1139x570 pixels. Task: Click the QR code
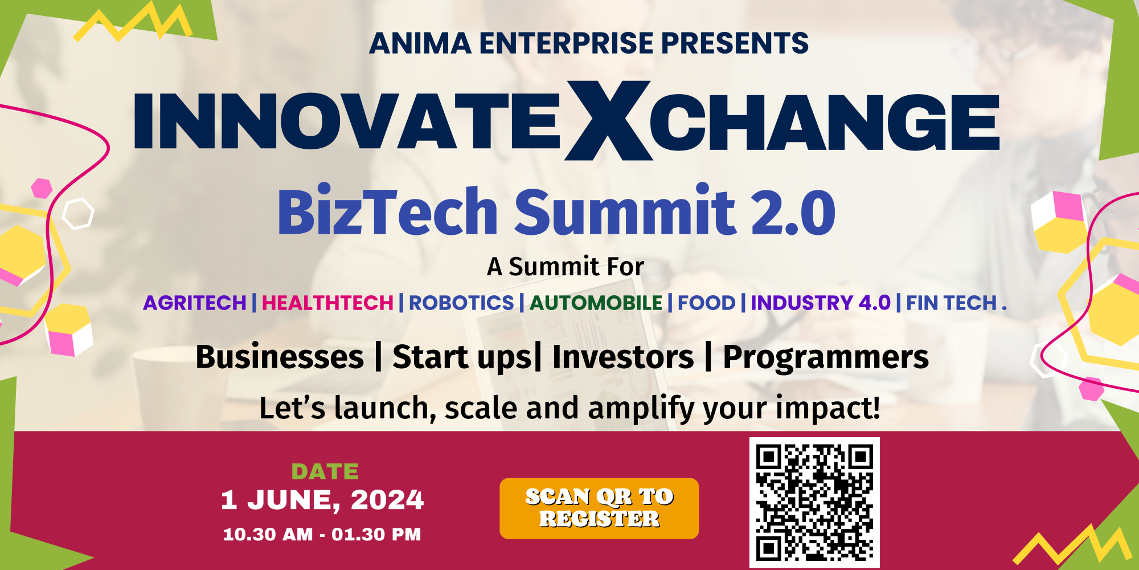click(814, 503)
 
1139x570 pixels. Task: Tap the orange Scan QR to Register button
click(599, 508)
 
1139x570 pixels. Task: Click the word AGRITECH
click(195, 303)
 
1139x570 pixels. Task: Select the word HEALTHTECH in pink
click(327, 303)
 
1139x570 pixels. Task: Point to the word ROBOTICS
click(461, 303)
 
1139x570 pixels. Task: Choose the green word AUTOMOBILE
click(596, 303)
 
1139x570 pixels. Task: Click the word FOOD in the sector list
click(706, 303)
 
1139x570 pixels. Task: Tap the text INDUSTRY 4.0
click(821, 303)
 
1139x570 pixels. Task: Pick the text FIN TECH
click(951, 303)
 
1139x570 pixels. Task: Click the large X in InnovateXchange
click(608, 121)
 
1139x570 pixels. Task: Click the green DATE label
click(325, 472)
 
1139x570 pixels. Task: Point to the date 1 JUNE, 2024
click(322, 500)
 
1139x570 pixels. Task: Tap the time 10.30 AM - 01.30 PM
click(322, 535)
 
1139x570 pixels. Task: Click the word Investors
click(623, 357)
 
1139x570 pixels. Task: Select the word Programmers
click(826, 357)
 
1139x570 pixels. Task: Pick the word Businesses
click(280, 357)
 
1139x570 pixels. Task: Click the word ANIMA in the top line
click(420, 44)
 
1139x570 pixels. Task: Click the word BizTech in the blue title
click(388, 212)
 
